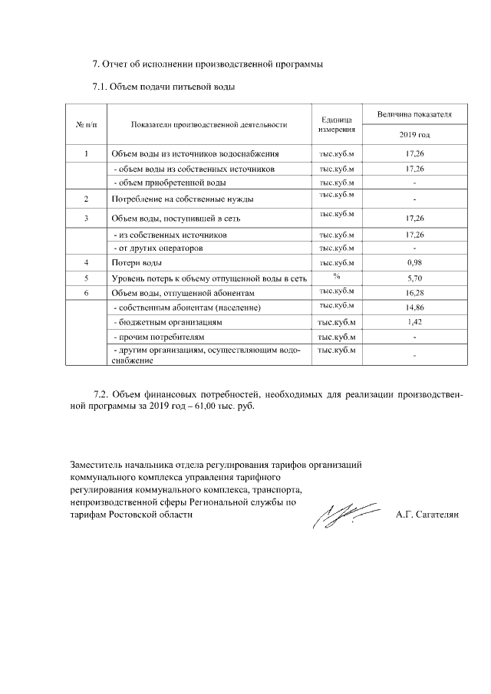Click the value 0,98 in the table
pos(415,263)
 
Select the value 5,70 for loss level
pos(415,278)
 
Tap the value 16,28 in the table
pos(415,292)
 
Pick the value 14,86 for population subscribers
pos(415,308)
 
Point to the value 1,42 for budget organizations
pos(415,322)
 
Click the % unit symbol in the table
pos(336,276)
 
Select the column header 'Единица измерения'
pos(336,124)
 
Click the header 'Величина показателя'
pos(415,114)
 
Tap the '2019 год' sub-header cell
pos(415,134)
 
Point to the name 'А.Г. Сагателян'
pos(427,515)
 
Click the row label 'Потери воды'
pos(136,263)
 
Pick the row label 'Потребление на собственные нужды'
pos(183,199)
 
